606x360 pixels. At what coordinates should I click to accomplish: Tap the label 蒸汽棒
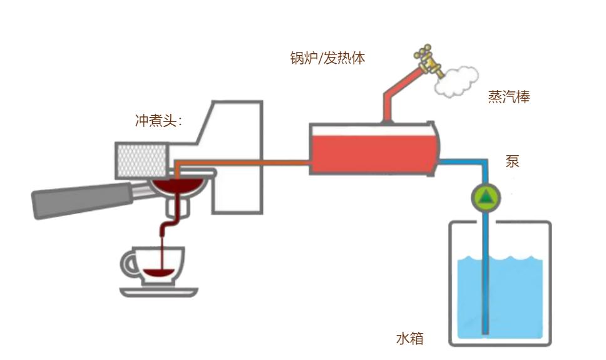(508, 98)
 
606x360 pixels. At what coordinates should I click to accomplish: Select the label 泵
(512, 161)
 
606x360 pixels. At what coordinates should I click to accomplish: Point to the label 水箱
(409, 339)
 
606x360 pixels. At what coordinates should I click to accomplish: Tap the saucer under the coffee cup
(158, 292)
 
